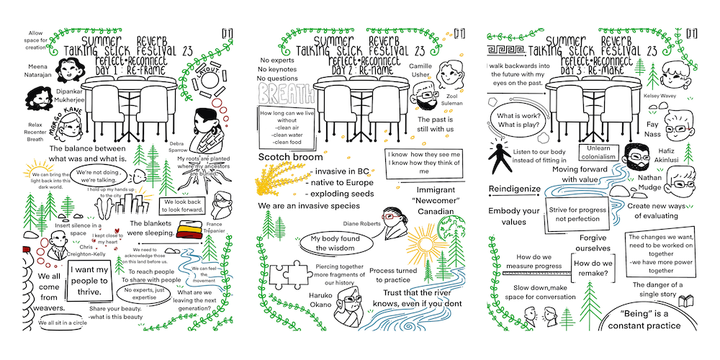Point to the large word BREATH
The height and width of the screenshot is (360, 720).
285,94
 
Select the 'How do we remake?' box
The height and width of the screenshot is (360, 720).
592,268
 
